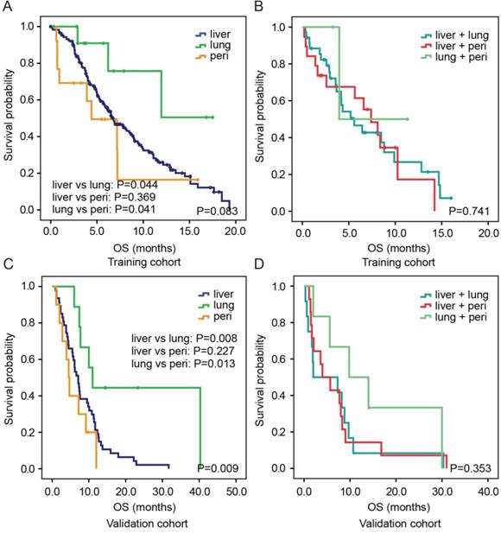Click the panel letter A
tap(7, 8)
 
